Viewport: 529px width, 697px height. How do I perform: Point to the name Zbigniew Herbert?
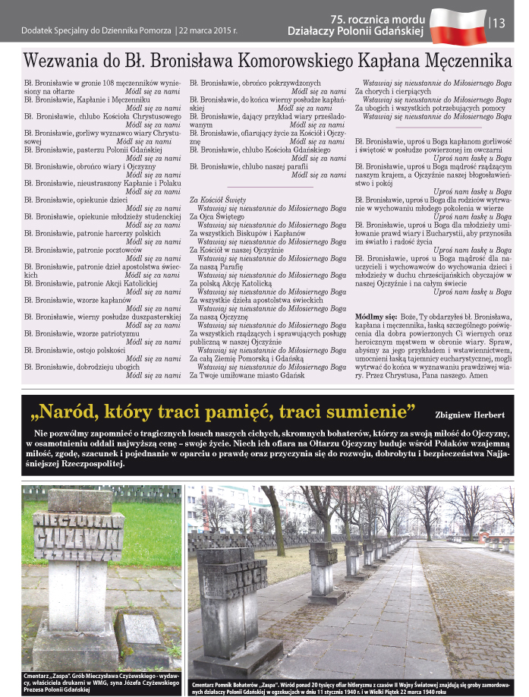tap(470, 415)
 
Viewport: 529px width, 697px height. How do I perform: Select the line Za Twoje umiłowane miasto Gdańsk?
tap(247, 375)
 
